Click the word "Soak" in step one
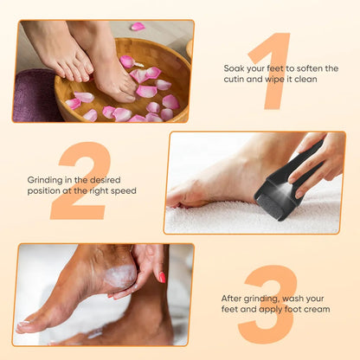[235, 68]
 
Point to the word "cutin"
[234, 80]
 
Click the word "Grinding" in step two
[45, 181]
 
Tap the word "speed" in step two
[124, 191]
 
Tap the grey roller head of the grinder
[271, 207]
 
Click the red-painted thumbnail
[162, 277]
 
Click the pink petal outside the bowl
[138, 27]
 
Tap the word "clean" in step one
[305, 80]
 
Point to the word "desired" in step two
[105, 180]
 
